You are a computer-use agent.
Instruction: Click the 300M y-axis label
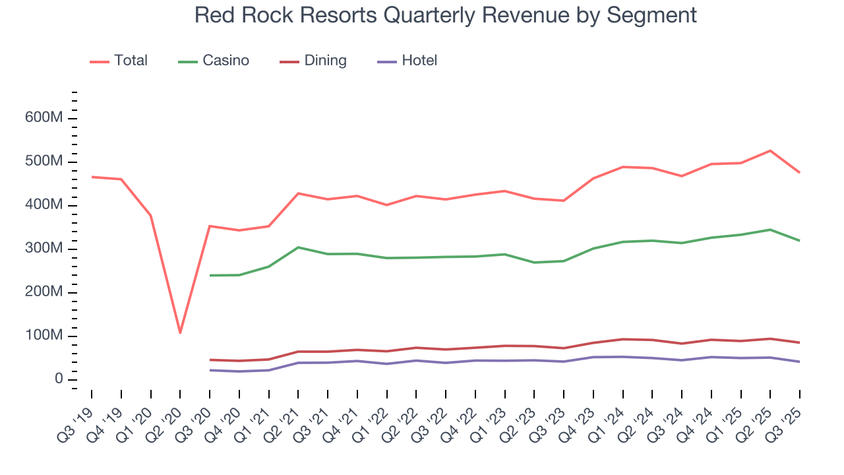coord(44,249)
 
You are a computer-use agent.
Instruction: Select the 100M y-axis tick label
coord(44,336)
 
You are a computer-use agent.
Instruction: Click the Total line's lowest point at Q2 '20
coord(180,332)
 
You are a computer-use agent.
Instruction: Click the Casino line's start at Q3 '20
coord(210,275)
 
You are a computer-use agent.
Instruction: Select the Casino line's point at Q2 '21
coord(298,247)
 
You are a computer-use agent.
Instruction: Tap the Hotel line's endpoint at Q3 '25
coord(800,362)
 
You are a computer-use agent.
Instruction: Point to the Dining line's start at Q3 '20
coord(210,360)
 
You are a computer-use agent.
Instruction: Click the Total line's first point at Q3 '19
coord(92,177)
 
